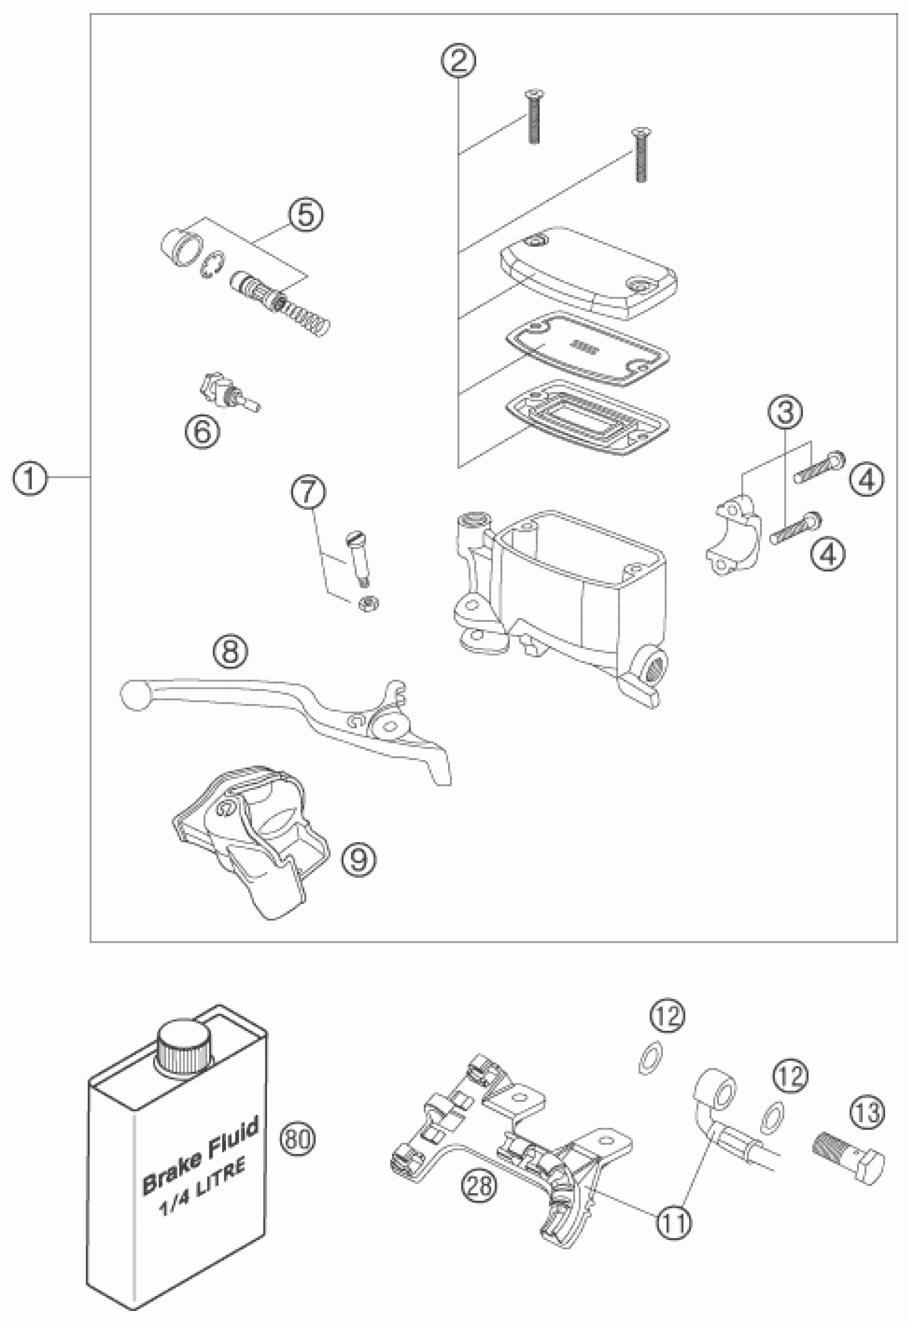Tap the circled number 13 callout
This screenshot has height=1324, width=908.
868,1112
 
